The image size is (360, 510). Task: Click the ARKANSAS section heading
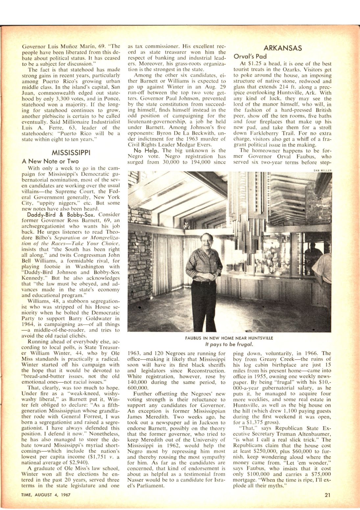tap(283, 48)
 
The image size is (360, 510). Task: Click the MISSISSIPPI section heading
tap(71, 153)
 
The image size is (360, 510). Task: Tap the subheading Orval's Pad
tap(250, 57)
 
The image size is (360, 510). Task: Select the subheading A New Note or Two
tap(50, 161)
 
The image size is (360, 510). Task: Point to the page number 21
tap(327, 495)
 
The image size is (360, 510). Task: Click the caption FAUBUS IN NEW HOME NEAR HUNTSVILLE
tap(229, 338)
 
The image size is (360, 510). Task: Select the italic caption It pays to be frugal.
tap(229, 344)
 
